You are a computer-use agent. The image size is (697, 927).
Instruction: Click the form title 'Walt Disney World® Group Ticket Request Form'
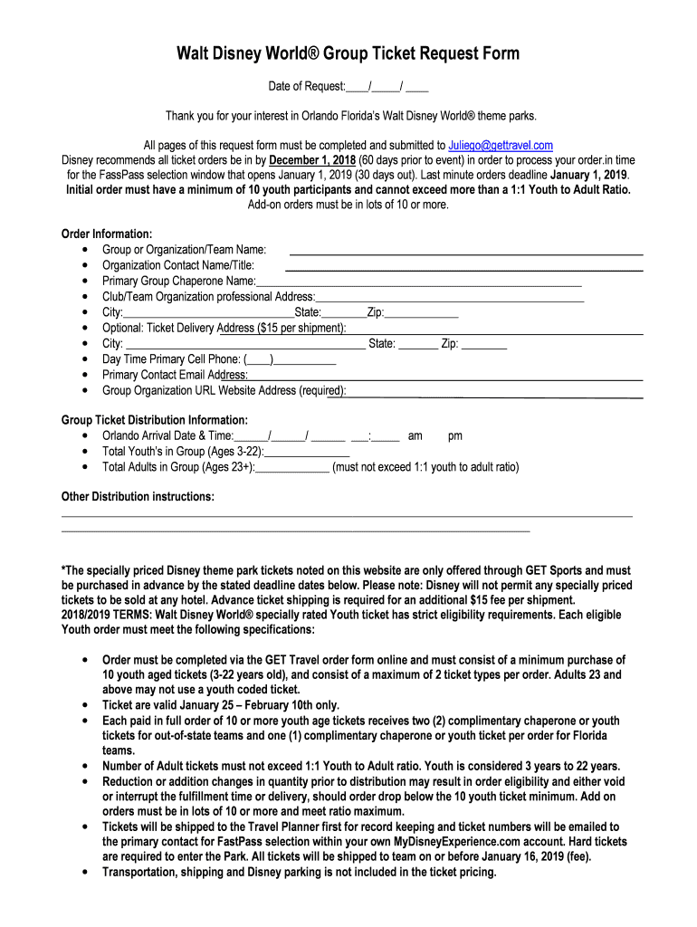[x=348, y=53]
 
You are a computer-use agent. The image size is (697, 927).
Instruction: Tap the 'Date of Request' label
[x=306, y=87]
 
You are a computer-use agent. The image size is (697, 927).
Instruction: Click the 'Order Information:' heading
[x=106, y=234]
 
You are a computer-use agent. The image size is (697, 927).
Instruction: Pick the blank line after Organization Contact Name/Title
[x=463, y=269]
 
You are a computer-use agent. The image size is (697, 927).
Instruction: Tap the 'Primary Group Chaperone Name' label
[x=178, y=281]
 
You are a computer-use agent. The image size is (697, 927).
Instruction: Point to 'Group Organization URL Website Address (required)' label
[x=224, y=390]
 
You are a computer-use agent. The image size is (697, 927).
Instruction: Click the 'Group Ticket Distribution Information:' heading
[x=154, y=420]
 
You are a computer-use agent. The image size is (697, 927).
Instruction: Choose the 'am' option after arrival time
[x=415, y=435]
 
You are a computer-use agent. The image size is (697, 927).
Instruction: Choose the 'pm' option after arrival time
[x=454, y=435]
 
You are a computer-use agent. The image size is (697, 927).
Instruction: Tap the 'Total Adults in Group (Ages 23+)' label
[x=178, y=467]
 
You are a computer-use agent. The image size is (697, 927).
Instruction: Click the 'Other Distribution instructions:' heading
[x=138, y=497]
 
